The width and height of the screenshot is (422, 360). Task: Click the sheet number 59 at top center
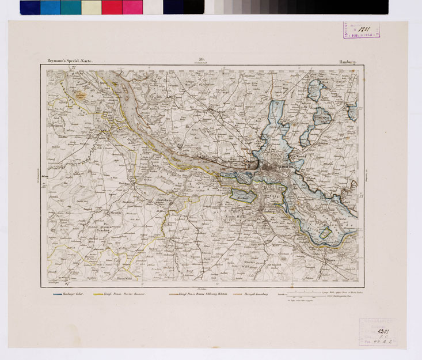(x=202, y=59)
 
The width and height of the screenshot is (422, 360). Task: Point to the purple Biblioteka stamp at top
(x=362, y=29)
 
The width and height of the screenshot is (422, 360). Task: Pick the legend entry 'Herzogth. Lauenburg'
(x=257, y=294)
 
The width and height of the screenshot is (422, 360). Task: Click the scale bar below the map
(x=311, y=295)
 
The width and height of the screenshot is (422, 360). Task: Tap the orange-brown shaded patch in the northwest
(x=83, y=92)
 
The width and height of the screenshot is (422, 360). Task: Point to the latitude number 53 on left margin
(x=43, y=187)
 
